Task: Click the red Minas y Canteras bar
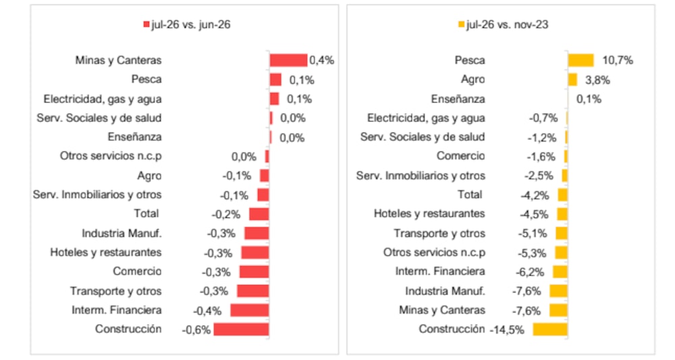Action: click(x=288, y=60)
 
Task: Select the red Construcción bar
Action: click(x=241, y=330)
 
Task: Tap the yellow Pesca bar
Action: click(x=580, y=60)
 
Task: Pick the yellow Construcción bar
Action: click(x=550, y=330)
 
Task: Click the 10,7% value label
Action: click(x=618, y=60)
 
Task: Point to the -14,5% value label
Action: click(x=507, y=330)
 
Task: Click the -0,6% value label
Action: click(x=196, y=330)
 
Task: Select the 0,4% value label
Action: click(x=321, y=60)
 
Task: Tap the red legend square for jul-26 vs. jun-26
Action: click(x=146, y=24)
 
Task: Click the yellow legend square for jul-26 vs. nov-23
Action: click(x=462, y=24)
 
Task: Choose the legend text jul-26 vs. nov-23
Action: click(x=507, y=24)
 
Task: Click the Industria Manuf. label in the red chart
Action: click(x=122, y=234)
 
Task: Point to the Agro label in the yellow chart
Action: click(x=473, y=80)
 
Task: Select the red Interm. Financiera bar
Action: click(x=250, y=311)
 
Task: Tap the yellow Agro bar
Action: click(x=572, y=80)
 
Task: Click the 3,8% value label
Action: click(x=597, y=80)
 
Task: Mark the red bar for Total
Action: click(x=259, y=214)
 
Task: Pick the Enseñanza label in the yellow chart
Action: click(x=458, y=99)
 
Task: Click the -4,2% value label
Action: click(x=535, y=195)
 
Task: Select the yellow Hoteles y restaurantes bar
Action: click(x=562, y=214)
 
